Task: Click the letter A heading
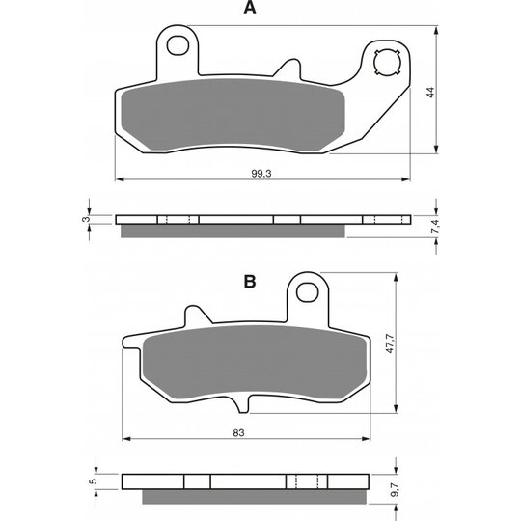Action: (250, 8)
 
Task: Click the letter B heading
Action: (250, 282)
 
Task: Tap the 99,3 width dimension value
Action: (261, 174)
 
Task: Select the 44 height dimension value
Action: (430, 92)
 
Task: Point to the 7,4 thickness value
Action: (435, 226)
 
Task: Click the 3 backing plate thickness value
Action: (86, 219)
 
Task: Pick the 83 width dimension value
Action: (238, 433)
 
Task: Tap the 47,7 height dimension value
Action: (390, 343)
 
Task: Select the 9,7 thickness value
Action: (395, 490)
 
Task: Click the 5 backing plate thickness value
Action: (94, 480)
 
